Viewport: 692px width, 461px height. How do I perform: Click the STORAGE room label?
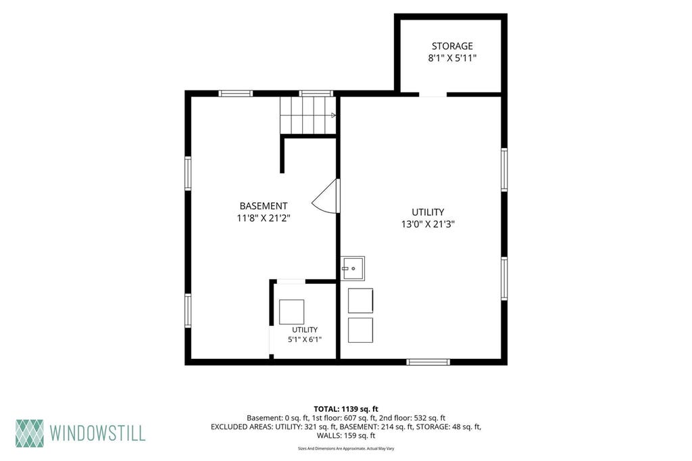point(452,46)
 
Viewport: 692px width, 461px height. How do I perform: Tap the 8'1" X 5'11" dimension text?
point(452,58)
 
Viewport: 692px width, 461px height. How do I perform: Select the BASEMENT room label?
point(264,205)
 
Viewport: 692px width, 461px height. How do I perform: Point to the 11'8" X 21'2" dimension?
point(264,218)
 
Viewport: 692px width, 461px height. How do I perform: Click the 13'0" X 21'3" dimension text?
point(428,224)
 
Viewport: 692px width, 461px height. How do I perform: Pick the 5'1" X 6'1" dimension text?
point(305,339)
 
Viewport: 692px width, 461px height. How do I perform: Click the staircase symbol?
point(307,115)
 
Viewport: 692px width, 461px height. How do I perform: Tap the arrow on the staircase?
point(333,115)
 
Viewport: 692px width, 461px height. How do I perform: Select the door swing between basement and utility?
point(326,196)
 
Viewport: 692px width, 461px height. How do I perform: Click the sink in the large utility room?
point(352,268)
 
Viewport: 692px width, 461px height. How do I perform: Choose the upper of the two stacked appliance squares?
point(360,301)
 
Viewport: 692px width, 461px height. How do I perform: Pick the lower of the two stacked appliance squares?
point(360,330)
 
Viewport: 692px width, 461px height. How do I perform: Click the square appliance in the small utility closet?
point(292,312)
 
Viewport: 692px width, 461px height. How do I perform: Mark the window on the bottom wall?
point(428,362)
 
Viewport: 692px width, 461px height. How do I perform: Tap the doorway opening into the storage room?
point(432,94)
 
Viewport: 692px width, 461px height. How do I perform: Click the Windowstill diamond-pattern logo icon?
point(30,433)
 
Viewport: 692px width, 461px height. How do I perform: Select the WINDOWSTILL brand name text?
point(97,433)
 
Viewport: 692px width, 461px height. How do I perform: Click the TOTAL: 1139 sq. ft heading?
point(346,409)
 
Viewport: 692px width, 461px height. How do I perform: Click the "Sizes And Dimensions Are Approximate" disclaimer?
point(346,449)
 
